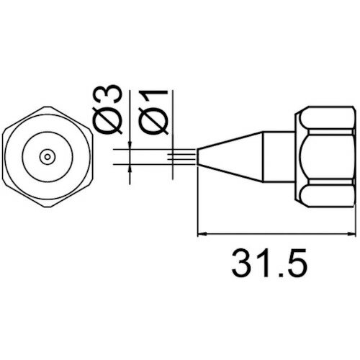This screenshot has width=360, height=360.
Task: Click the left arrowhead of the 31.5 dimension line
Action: (202, 233)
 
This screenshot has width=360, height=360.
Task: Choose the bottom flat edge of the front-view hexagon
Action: (48, 199)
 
